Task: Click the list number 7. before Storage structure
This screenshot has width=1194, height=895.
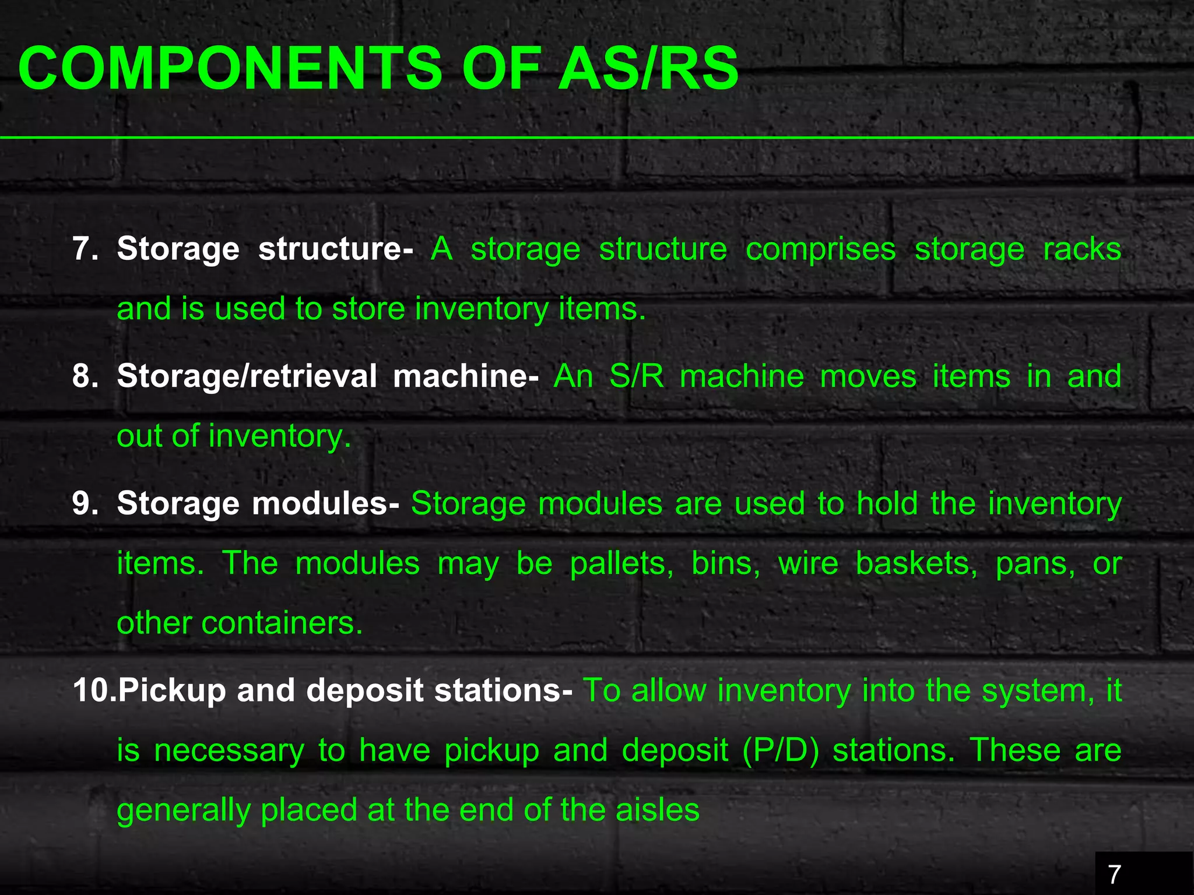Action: click(x=85, y=249)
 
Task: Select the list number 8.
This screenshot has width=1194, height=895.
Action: click(x=85, y=376)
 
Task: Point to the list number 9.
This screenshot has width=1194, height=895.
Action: click(x=85, y=503)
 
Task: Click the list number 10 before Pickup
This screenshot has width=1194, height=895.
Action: click(x=93, y=690)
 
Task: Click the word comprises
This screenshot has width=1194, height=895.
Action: click(x=820, y=250)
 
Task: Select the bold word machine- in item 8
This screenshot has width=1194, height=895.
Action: click(x=465, y=376)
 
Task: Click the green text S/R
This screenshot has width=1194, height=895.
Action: click(x=637, y=376)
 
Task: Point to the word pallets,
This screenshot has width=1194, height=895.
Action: click(x=621, y=563)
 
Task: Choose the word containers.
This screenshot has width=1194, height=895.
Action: click(x=282, y=623)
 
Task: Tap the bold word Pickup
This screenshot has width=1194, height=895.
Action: click(x=171, y=691)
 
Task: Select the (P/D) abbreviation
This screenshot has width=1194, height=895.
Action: click(x=781, y=750)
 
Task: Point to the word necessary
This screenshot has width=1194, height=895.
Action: click(x=229, y=752)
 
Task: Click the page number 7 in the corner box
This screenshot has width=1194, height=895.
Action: click(x=1114, y=874)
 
